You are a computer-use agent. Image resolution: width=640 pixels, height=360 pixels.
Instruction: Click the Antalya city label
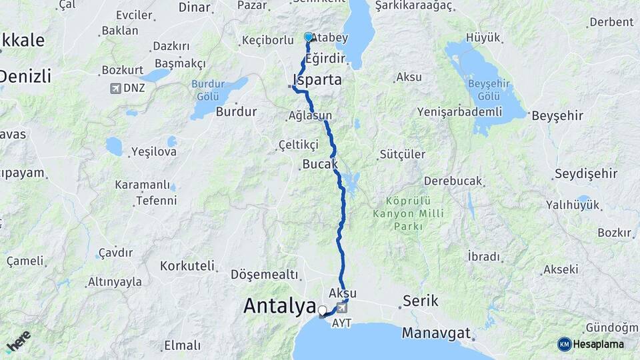pyautogui.click(x=279, y=306)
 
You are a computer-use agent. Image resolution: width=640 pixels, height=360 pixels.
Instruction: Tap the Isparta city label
pyautogui.click(x=317, y=80)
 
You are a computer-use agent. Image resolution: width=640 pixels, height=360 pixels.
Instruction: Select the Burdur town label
pyautogui.click(x=236, y=111)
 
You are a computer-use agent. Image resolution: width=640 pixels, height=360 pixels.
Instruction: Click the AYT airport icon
pyautogui.click(x=343, y=308)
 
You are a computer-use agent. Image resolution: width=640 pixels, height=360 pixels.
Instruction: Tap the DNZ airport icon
pyautogui.click(x=116, y=88)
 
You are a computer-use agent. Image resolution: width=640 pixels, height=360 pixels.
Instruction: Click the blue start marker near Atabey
pyautogui.click(x=308, y=37)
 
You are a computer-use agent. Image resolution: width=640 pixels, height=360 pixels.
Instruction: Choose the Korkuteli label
pyautogui.click(x=187, y=266)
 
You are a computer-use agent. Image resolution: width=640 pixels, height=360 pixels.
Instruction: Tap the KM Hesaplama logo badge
pyautogui.click(x=591, y=344)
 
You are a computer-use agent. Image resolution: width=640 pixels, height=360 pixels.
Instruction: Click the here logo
pyautogui.click(x=18, y=341)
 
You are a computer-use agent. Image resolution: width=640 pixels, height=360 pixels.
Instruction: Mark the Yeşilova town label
pyautogui.click(x=154, y=151)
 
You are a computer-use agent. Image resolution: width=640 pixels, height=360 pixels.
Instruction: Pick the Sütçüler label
pyautogui.click(x=402, y=155)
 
